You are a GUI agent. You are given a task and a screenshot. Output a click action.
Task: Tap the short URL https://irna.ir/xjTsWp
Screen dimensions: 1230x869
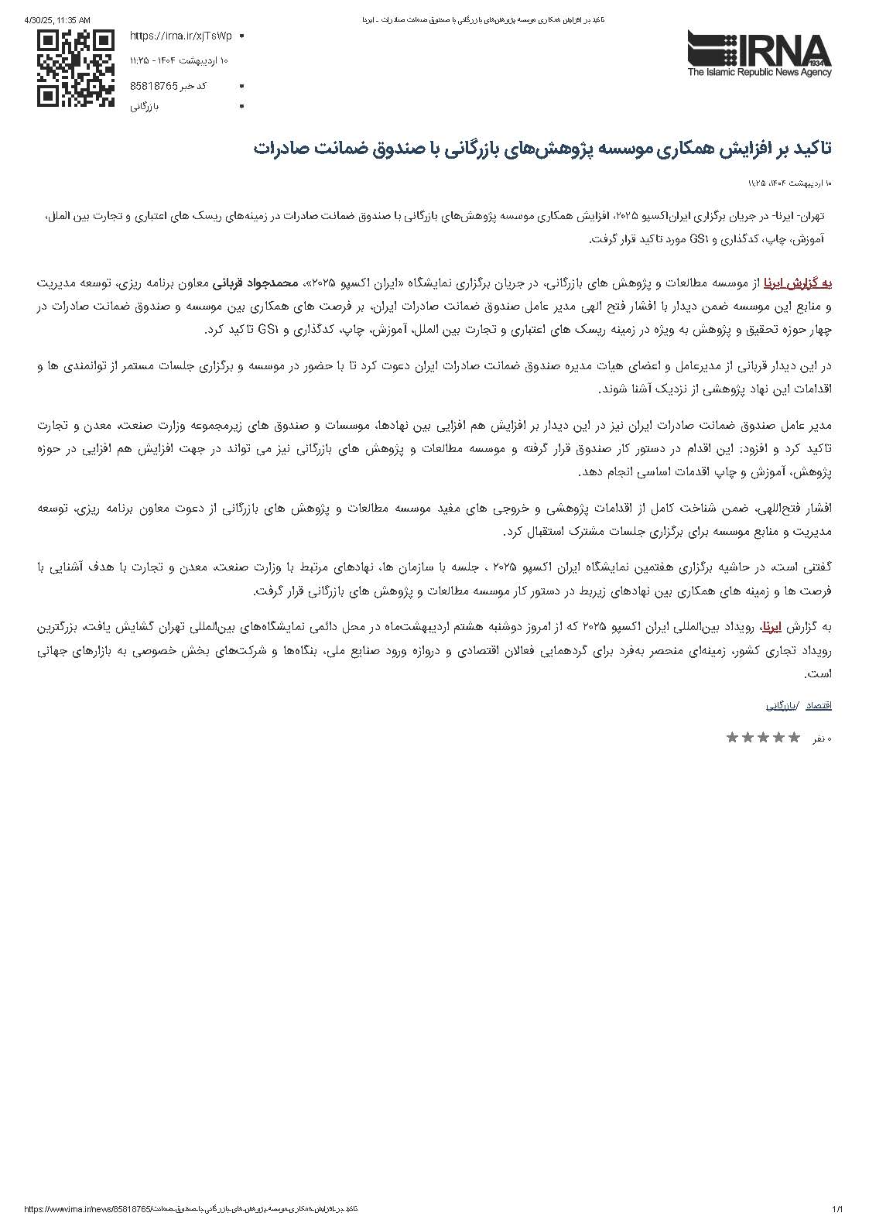point(180,36)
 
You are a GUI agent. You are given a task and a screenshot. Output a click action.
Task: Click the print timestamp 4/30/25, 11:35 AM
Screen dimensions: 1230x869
point(57,19)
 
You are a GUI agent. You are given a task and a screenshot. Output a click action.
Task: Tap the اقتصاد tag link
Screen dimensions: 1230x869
point(819,706)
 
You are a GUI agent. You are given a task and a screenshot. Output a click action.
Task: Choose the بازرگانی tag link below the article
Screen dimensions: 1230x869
point(782,706)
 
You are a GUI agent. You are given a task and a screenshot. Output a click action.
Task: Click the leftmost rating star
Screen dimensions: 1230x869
point(732,738)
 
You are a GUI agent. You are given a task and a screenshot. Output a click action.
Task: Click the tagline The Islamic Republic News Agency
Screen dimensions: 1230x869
point(759,73)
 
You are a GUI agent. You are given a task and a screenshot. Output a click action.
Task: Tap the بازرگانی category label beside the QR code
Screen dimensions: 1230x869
point(145,106)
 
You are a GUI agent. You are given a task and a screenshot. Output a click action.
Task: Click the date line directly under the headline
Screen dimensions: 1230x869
point(789,183)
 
